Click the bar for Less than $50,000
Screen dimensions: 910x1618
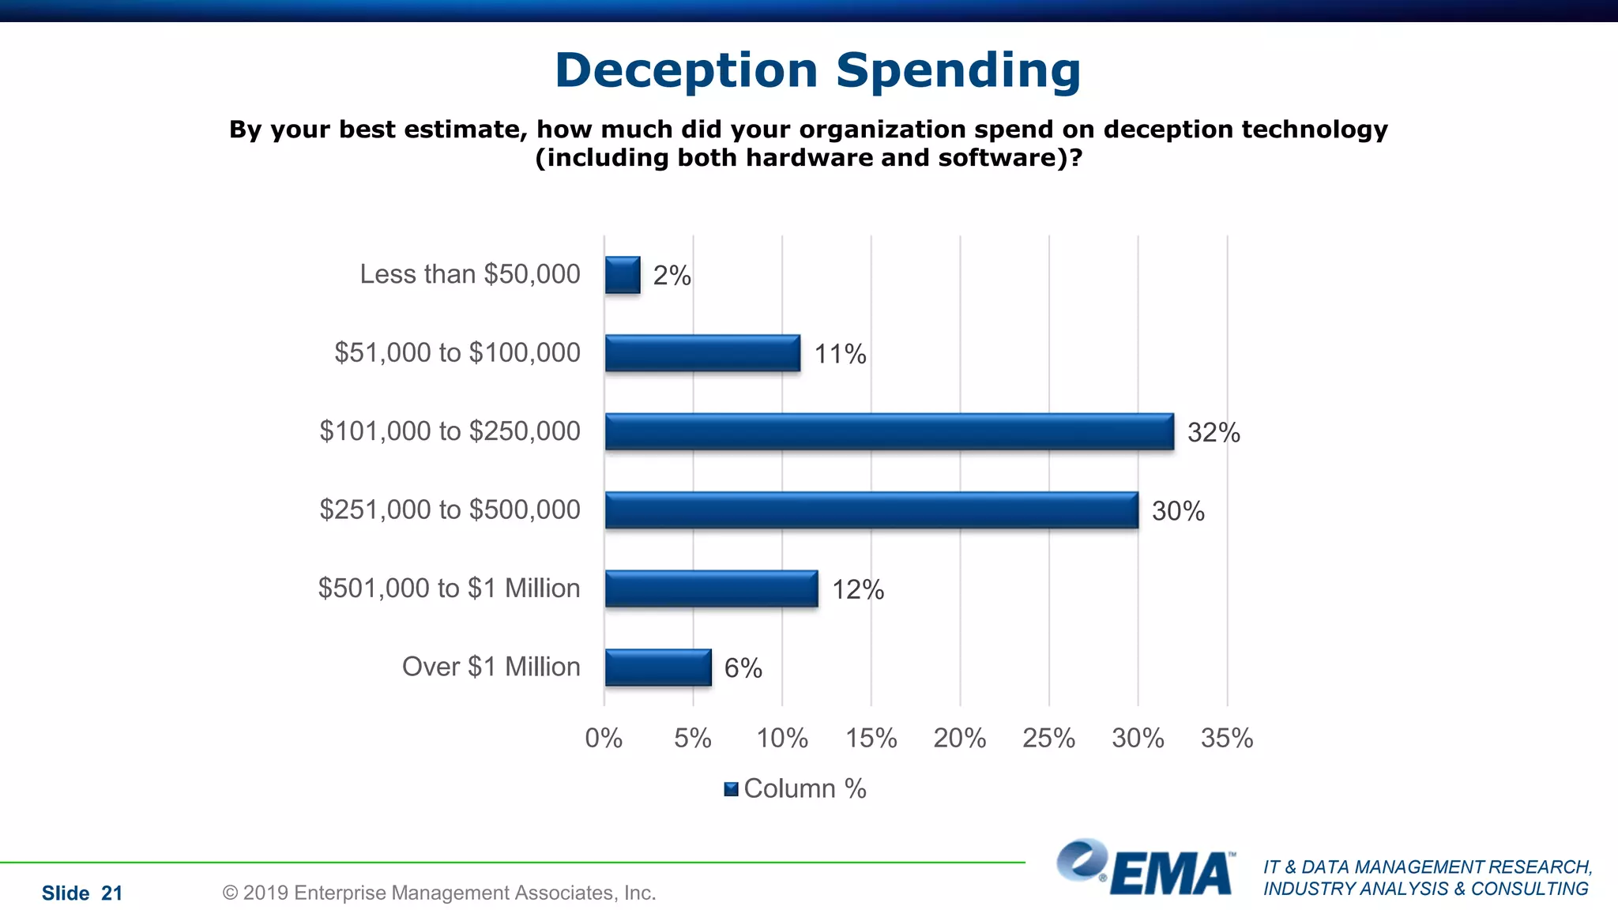click(623, 275)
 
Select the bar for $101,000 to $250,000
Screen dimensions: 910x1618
click(889, 432)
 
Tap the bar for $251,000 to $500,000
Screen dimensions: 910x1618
click(871, 510)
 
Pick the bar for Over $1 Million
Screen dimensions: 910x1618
click(658, 667)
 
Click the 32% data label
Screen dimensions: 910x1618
click(1213, 433)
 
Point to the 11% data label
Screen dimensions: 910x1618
click(840, 354)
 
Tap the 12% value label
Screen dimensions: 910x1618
click(857, 590)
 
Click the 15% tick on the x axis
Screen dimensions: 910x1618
click(871, 739)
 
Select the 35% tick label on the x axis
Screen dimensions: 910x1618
click(1226, 739)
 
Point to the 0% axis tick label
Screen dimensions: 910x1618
click(604, 739)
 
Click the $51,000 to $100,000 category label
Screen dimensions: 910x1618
click(457, 352)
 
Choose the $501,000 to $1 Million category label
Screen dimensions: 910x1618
click(449, 588)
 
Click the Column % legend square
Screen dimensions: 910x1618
click(731, 789)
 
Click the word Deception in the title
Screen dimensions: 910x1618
click(686, 70)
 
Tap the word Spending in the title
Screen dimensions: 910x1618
click(958, 70)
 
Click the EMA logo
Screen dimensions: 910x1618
click(1146, 869)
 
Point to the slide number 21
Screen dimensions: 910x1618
click(112, 893)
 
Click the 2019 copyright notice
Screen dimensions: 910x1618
click(439, 893)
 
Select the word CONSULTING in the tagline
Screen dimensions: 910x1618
click(1529, 889)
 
